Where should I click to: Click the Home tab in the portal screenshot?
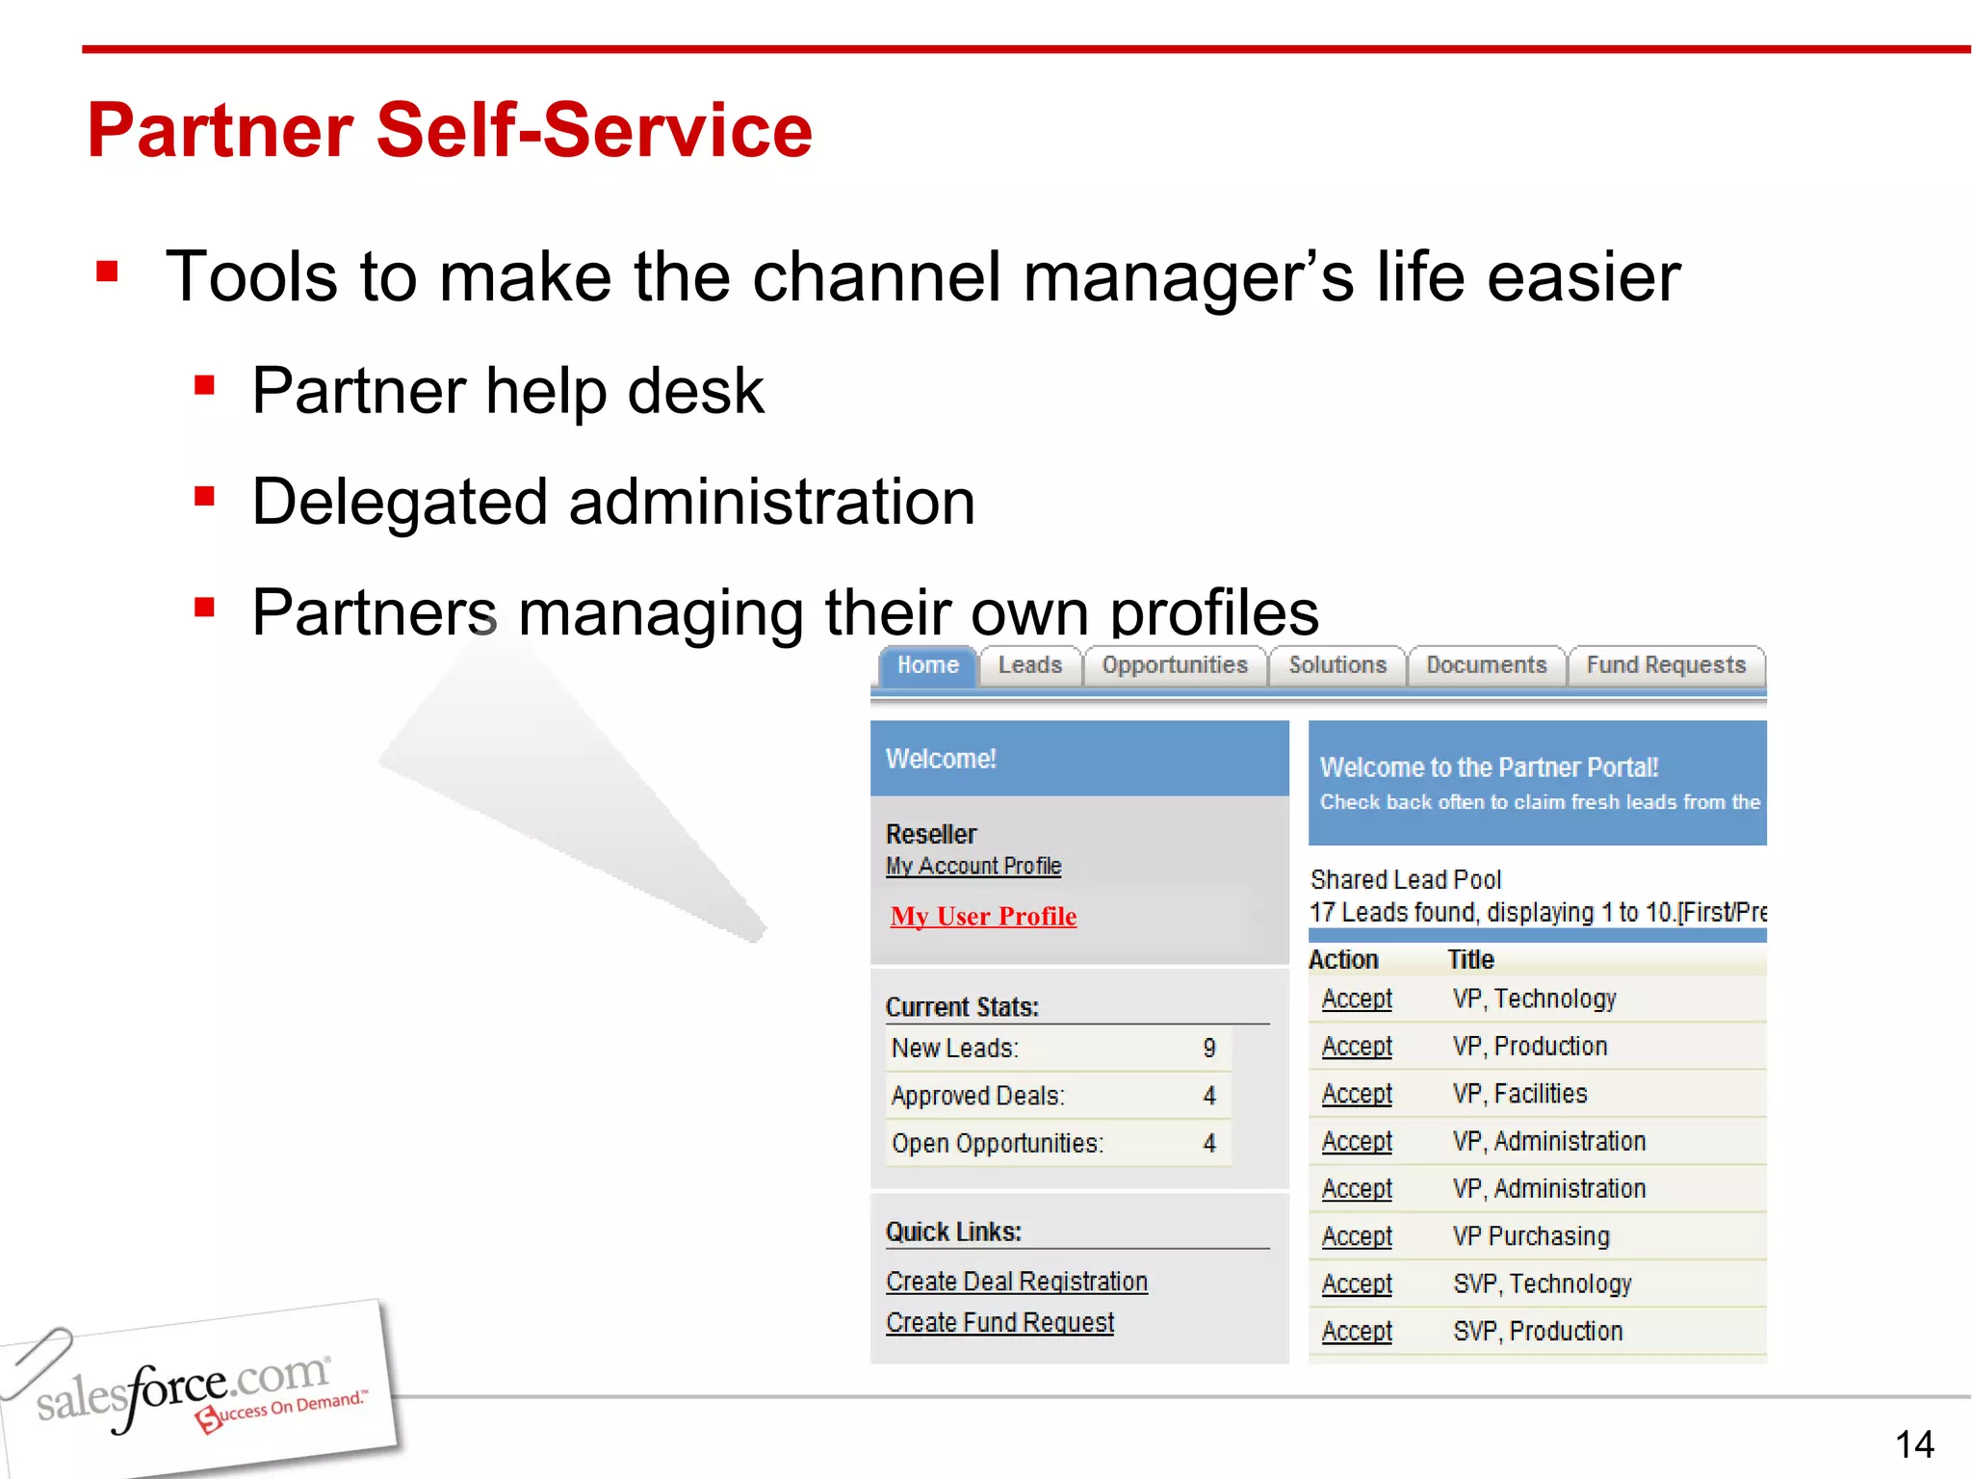(927, 665)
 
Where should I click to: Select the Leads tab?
(1029, 665)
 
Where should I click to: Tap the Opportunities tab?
(1174, 665)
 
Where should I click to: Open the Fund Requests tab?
(1665, 665)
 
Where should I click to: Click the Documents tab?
(1486, 665)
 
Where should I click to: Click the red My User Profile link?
(983, 916)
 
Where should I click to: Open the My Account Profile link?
(973, 866)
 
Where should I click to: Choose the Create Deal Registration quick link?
(1016, 1282)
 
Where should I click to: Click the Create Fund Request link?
(999, 1323)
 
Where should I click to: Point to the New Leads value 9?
(1209, 1048)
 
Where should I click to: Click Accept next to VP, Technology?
(1356, 999)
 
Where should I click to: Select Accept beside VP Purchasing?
(1356, 1236)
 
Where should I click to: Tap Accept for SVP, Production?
(1356, 1332)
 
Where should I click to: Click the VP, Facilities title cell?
(1519, 1094)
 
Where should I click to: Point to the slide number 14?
(1913, 1444)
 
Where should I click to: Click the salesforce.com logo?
(193, 1391)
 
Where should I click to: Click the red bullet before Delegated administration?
(203, 498)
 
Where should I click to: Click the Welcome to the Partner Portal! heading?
(1488, 767)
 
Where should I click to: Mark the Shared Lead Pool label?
(1405, 879)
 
